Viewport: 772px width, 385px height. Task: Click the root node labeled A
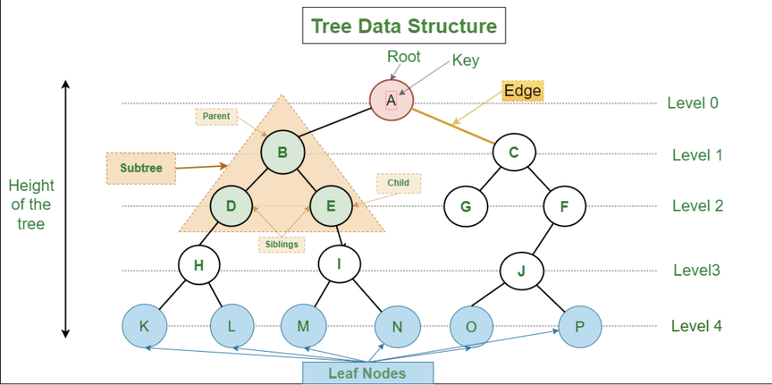pyautogui.click(x=391, y=101)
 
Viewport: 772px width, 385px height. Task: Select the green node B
pyautogui.click(x=283, y=151)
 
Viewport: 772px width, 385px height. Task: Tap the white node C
pyautogui.click(x=514, y=152)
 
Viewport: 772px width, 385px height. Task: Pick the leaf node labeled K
pyautogui.click(x=143, y=326)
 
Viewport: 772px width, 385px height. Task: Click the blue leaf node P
pyautogui.click(x=579, y=326)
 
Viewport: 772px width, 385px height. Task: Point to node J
pyautogui.click(x=521, y=271)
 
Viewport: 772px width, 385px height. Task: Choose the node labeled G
pyautogui.click(x=465, y=207)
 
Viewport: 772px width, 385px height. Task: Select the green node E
pyautogui.click(x=331, y=207)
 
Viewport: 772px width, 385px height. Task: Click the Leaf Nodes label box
pyautogui.click(x=367, y=372)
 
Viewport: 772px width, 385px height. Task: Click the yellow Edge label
pyautogui.click(x=522, y=91)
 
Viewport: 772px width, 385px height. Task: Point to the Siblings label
pyautogui.click(x=281, y=244)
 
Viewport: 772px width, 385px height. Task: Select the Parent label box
pyautogui.click(x=216, y=116)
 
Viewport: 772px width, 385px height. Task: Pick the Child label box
pyautogui.click(x=398, y=183)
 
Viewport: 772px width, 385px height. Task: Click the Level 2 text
pyautogui.click(x=697, y=206)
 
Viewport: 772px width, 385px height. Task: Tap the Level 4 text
pyautogui.click(x=697, y=326)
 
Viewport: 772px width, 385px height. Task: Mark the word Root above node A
pyautogui.click(x=403, y=57)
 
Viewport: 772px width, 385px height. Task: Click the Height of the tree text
pyautogui.click(x=32, y=204)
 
